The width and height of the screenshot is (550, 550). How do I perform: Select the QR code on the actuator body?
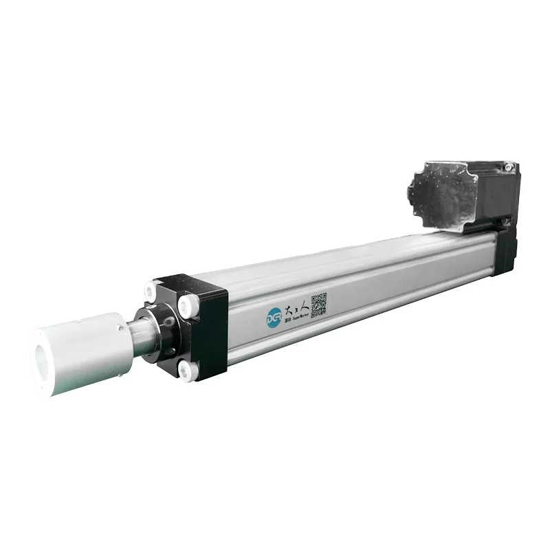(318, 305)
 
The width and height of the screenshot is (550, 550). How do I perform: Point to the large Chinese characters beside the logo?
(295, 308)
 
